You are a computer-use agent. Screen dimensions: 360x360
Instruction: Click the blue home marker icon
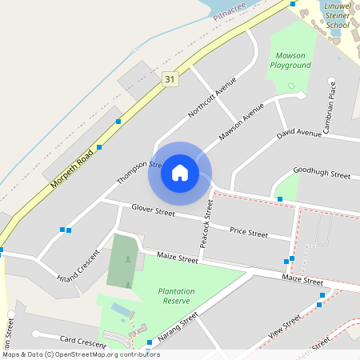click(180, 173)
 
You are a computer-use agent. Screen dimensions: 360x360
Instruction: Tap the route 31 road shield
click(169, 78)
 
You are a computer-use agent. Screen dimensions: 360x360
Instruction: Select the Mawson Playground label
click(290, 60)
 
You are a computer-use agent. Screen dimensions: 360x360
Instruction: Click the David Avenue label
click(299, 133)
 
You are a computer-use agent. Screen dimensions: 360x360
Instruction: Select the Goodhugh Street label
click(322, 174)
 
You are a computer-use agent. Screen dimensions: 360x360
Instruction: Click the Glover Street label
click(153, 211)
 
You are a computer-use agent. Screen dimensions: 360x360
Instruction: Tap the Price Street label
click(249, 233)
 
